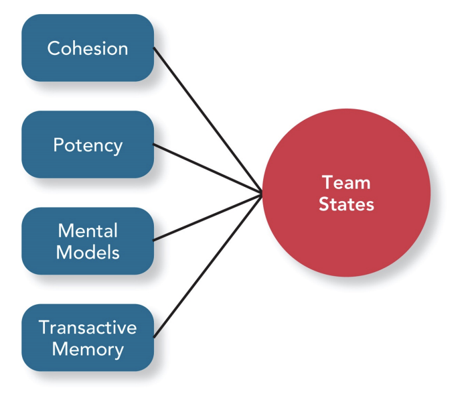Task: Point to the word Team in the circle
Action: (x=346, y=183)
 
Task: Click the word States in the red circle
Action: (x=346, y=204)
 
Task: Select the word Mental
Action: (x=88, y=231)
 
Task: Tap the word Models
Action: (x=88, y=252)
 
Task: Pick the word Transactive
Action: (x=88, y=328)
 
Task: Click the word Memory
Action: (x=88, y=349)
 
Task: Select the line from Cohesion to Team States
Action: (x=208, y=120)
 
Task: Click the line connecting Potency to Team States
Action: (x=208, y=168)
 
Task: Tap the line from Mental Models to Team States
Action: (x=208, y=216)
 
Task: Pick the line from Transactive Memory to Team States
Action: (x=208, y=265)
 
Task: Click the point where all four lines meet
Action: (x=261, y=192)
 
